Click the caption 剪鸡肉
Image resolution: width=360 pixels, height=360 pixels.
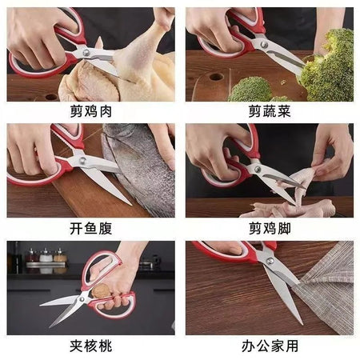91,111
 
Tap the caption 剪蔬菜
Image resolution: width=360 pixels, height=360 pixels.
270,111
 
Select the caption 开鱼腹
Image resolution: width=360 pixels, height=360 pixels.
91,229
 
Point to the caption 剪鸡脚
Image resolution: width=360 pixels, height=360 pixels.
270,229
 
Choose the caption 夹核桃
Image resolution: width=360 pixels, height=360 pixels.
91,346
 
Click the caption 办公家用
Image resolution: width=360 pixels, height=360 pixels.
270,346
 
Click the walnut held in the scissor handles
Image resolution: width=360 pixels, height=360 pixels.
101,291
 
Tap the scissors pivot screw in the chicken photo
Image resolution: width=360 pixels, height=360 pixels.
86,52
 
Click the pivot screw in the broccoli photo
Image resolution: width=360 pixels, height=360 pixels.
264,44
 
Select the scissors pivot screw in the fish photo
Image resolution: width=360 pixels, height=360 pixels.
82,160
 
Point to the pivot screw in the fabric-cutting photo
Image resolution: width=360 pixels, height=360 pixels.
270,261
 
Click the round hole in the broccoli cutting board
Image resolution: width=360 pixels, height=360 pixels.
216,77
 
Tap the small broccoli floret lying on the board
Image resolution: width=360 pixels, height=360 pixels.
250,89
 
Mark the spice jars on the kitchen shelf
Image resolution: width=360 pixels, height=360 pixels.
46,255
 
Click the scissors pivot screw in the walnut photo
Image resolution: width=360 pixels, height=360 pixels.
82,299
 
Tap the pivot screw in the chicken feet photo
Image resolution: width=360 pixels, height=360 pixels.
257,169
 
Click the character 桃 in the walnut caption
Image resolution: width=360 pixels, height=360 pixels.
105,346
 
